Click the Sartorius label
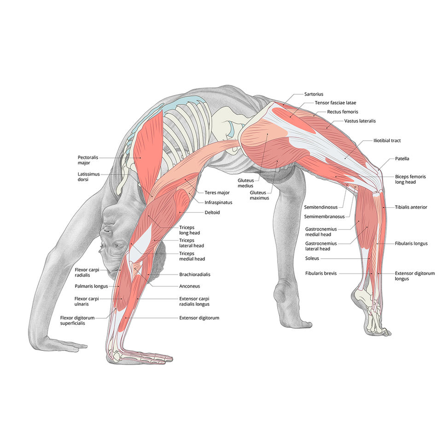[314, 94]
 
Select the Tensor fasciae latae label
[335, 103]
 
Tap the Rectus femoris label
[343, 111]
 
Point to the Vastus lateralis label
[360, 121]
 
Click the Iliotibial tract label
[387, 140]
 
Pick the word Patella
[402, 159]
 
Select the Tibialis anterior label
[411, 207]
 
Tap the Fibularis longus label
[411, 244]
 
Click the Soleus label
[312, 258]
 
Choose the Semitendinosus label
[321, 207]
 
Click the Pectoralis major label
[88, 160]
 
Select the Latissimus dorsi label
[88, 177]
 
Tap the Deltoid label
[212, 213]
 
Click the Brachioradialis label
[195, 274]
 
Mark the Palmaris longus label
[91, 286]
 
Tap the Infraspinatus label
[218, 202]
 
